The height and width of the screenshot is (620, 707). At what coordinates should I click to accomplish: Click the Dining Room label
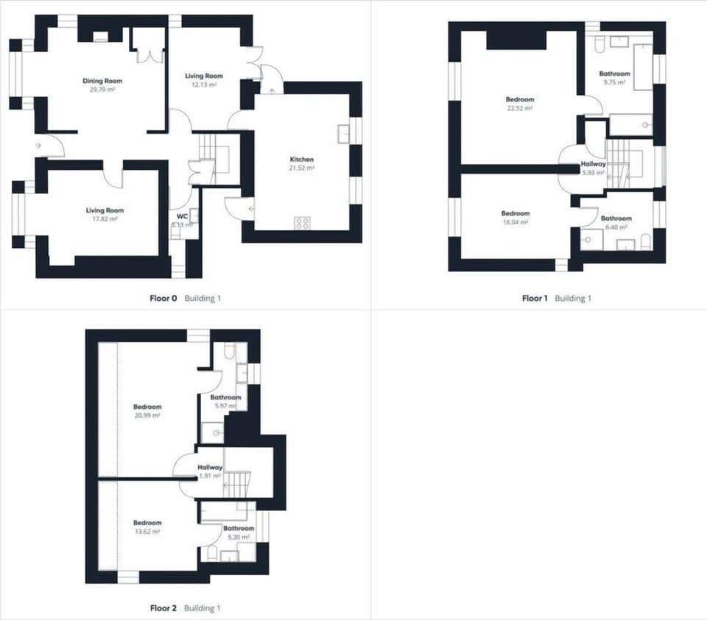102,81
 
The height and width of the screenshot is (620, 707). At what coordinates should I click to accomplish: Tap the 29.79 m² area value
102,89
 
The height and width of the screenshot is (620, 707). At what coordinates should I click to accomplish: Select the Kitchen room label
302,160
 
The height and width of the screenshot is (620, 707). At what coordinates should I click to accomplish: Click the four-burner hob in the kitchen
302,223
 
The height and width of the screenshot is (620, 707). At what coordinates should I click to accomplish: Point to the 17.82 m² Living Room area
105,218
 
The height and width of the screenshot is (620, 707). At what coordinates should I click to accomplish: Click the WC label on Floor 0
183,216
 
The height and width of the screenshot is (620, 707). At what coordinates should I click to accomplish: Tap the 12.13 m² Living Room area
203,85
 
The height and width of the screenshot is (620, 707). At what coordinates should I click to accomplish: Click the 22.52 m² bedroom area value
519,107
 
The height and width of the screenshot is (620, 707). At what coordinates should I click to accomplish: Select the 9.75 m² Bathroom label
614,74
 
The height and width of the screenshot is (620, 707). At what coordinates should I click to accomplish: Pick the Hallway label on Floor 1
593,164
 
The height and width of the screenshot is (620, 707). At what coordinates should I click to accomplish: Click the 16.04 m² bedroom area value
516,221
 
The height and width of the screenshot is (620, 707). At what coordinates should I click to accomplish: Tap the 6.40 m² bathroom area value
615,227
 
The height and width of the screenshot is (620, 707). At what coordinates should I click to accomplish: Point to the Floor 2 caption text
163,608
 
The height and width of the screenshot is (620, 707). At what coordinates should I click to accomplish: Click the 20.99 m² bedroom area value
147,415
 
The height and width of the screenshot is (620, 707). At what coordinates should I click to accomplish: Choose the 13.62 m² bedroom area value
147,531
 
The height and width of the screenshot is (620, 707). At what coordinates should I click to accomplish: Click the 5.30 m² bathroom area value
239,537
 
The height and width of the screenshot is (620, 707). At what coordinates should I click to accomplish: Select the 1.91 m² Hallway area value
209,476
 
